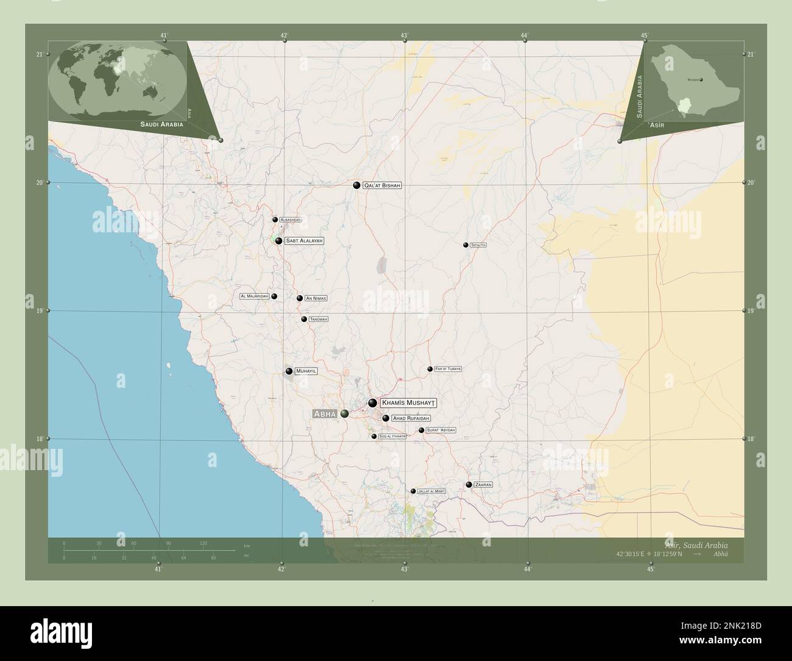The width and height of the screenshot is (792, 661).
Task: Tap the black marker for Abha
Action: pyautogui.click(x=345, y=414)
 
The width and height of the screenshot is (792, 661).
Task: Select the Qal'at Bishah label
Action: pyautogui.click(x=383, y=185)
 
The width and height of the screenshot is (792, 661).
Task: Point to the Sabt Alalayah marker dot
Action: pyautogui.click(x=278, y=241)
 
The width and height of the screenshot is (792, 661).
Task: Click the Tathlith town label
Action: pyautogui.click(x=478, y=245)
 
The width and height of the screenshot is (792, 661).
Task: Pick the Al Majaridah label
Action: pyautogui.click(x=255, y=296)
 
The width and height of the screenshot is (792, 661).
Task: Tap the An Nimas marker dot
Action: pyautogui.click(x=300, y=298)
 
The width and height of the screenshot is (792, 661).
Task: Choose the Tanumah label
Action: pyautogui.click(x=319, y=319)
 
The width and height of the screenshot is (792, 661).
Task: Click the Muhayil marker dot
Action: pyautogui.click(x=289, y=371)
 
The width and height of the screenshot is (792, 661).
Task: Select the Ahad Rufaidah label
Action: pyautogui.click(x=411, y=418)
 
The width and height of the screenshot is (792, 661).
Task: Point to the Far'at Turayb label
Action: pyautogui.click(x=448, y=369)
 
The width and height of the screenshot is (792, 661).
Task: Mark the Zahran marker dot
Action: pyautogui.click(x=468, y=485)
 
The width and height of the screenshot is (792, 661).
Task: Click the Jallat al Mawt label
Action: pyautogui.click(x=432, y=491)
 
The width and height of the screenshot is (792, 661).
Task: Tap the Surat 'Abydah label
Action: pyautogui.click(x=441, y=431)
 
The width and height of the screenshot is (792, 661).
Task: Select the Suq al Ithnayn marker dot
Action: pyautogui.click(x=374, y=436)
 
